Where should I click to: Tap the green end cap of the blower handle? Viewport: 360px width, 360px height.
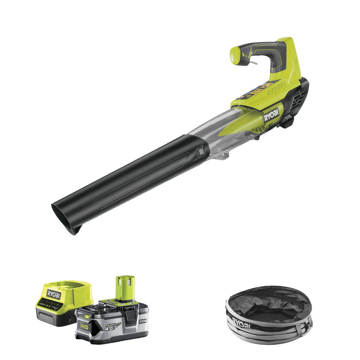click(236, 54)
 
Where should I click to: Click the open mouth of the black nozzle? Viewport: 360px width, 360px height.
click(63, 219)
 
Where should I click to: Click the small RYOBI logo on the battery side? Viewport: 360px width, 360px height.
click(142, 321)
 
